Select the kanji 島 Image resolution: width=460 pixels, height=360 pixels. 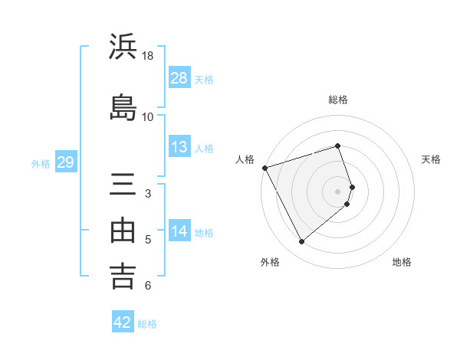(x=123, y=106)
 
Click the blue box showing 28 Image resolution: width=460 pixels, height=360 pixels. (x=179, y=78)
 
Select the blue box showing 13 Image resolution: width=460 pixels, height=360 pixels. (x=179, y=147)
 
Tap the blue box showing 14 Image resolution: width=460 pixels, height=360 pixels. (x=179, y=231)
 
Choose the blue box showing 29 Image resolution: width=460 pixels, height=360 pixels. (x=65, y=162)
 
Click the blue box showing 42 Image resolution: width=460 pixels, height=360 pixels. (x=123, y=322)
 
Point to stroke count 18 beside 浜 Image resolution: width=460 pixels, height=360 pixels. (x=148, y=56)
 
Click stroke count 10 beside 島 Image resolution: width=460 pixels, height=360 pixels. (x=148, y=116)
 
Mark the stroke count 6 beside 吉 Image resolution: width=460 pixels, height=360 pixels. (x=148, y=286)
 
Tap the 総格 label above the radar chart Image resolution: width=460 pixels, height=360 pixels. (x=338, y=100)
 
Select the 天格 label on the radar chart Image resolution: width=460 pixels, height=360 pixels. (x=431, y=159)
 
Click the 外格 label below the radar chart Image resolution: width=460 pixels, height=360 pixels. (x=270, y=262)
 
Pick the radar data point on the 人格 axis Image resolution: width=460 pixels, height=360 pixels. (x=264, y=168)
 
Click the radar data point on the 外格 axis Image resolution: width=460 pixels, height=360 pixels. (x=301, y=241)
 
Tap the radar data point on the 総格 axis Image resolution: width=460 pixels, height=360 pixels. (x=338, y=146)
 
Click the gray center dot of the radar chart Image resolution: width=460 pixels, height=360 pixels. (x=338, y=191)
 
